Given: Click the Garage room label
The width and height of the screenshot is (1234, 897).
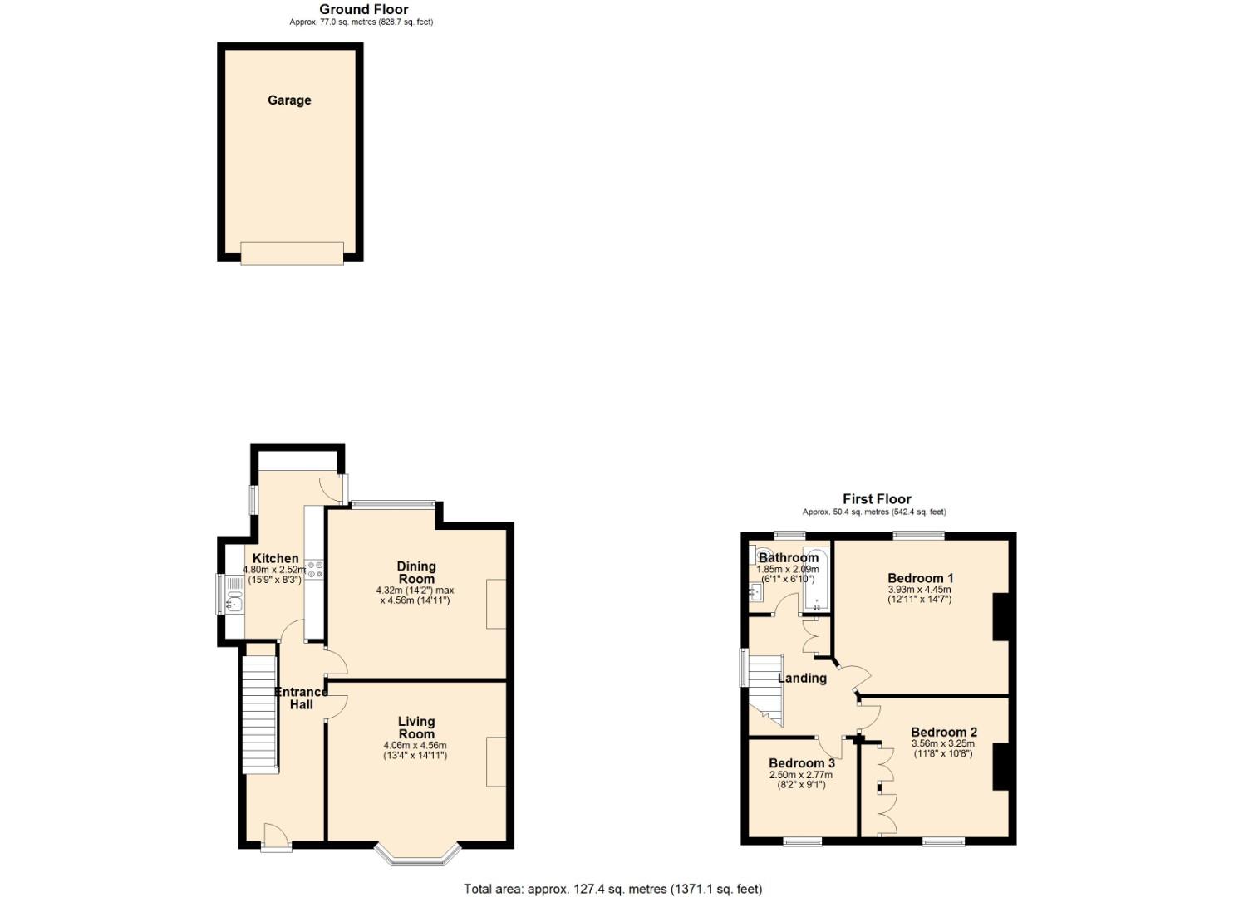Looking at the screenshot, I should pyautogui.click(x=289, y=100).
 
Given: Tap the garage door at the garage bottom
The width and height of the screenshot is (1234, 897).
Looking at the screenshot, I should pyautogui.click(x=292, y=252).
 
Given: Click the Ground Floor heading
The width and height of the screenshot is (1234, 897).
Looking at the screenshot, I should pyautogui.click(x=364, y=10).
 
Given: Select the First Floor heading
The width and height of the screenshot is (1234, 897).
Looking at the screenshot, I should pyautogui.click(x=877, y=499).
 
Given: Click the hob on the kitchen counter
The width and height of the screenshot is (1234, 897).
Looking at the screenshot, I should pyautogui.click(x=315, y=569).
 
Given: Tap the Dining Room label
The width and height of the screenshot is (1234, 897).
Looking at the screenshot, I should pyautogui.click(x=415, y=572).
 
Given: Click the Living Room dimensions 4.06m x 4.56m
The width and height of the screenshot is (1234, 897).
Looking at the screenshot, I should pyautogui.click(x=415, y=745).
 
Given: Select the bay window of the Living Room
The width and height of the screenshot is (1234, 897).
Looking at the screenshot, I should pyautogui.click(x=416, y=855).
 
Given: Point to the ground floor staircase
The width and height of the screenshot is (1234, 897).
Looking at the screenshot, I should pyautogui.click(x=260, y=714).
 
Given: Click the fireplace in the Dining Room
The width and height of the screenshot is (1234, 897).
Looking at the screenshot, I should pyautogui.click(x=496, y=604).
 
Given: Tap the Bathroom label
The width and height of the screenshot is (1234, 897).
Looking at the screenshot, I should pyautogui.click(x=788, y=558).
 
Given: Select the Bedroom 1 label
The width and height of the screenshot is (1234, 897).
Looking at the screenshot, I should pyautogui.click(x=920, y=578).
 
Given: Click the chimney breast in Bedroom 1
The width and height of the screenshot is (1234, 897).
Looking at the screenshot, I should pyautogui.click(x=1000, y=616).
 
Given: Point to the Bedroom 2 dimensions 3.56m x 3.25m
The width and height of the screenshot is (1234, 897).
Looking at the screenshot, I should pyautogui.click(x=942, y=744).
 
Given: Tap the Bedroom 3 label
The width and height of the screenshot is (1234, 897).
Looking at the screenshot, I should pyautogui.click(x=801, y=763).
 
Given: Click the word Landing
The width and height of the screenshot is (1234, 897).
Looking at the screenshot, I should pyautogui.click(x=801, y=678).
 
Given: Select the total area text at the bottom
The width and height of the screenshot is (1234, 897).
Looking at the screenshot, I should pyautogui.click(x=612, y=889).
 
